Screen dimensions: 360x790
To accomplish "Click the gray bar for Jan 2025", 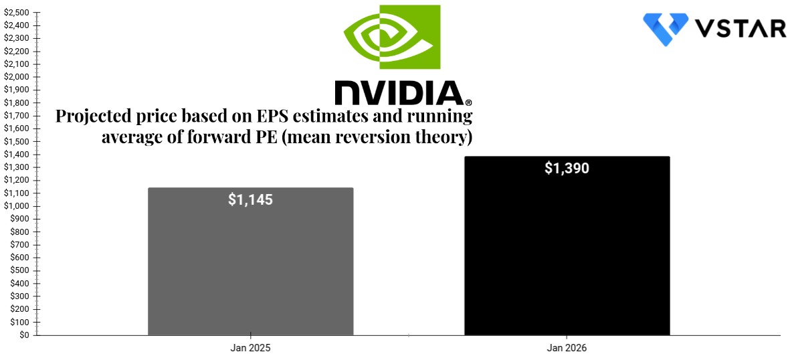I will pos(250,268).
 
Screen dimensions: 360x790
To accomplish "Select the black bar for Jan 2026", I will pos(567,254).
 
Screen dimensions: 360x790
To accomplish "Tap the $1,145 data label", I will pos(250,199).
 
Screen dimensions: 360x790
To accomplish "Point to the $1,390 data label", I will pos(567,168).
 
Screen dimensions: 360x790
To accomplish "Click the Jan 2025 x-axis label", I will pos(250,348).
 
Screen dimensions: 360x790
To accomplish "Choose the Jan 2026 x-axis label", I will pos(567,348).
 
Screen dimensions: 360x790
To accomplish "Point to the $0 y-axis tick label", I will pos(23,335).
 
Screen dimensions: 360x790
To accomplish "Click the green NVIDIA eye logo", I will pos(391,37).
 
